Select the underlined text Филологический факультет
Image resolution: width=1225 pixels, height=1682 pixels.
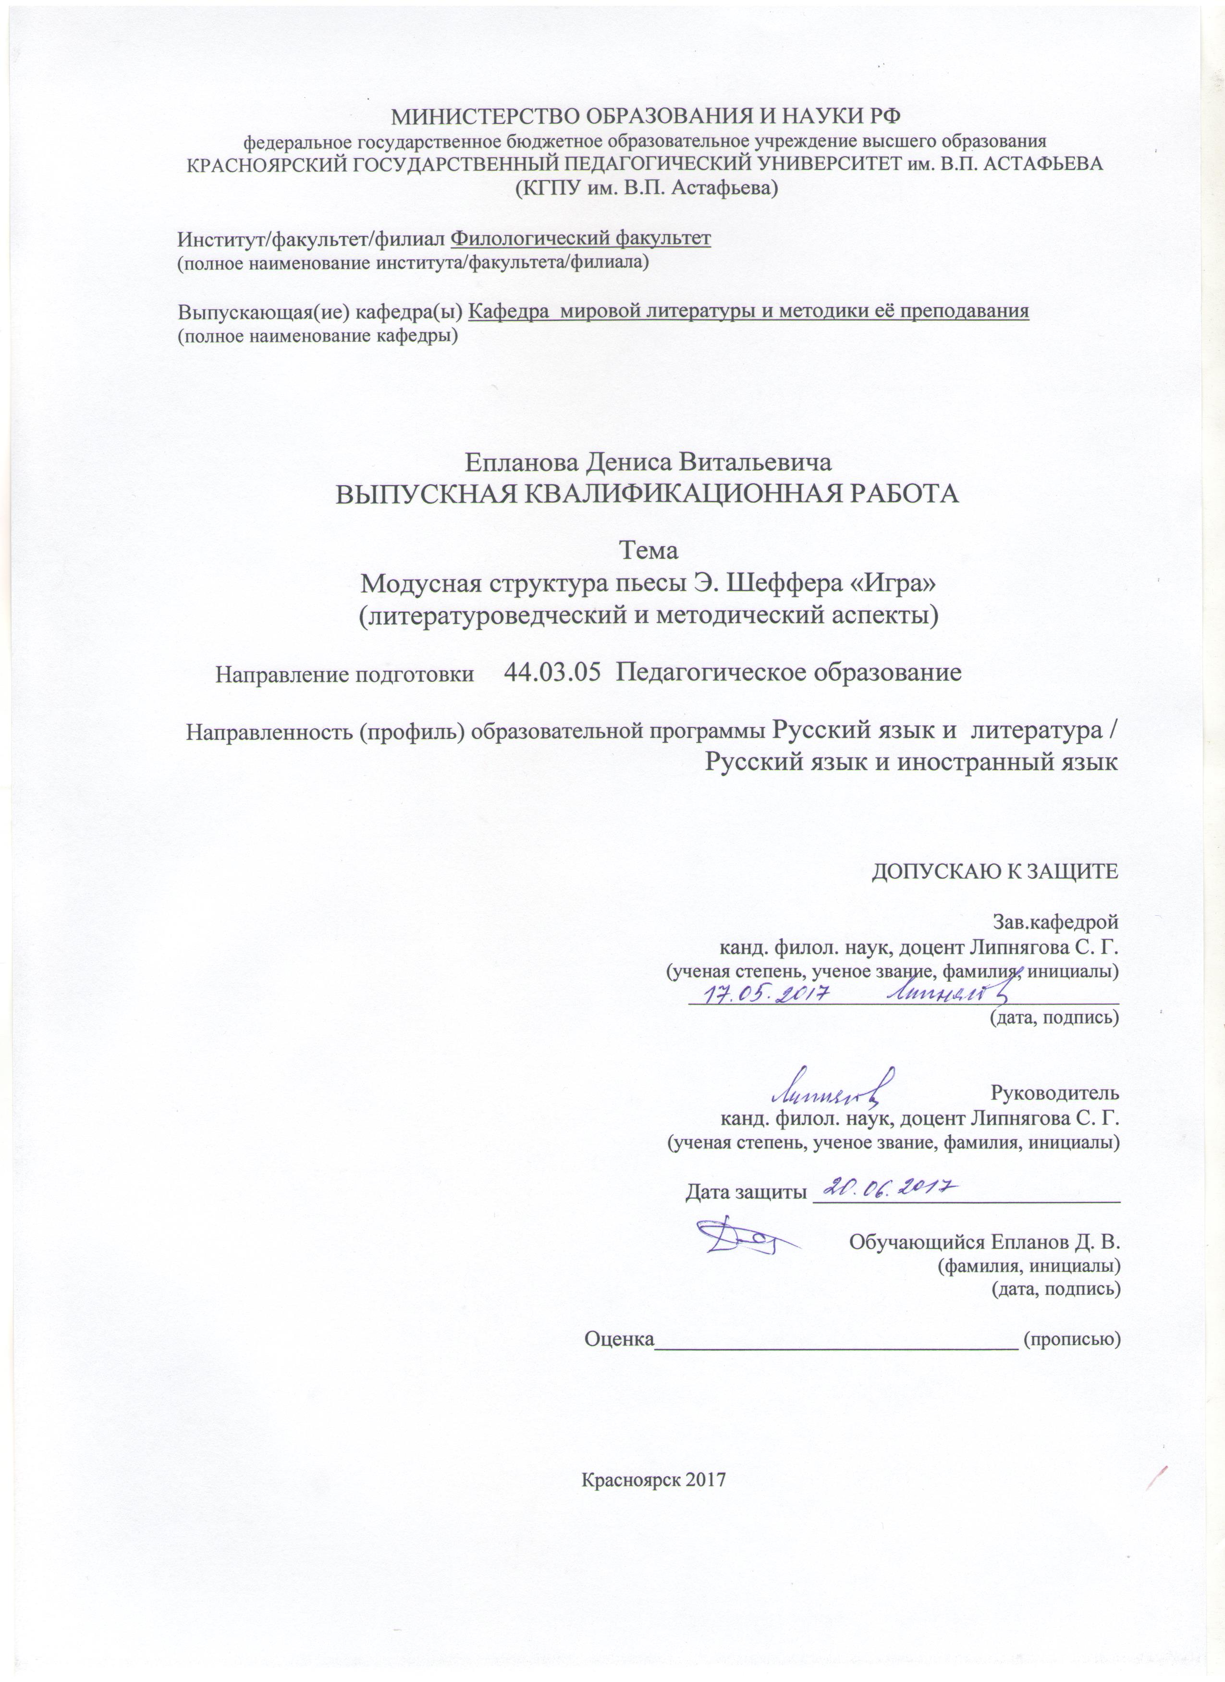[x=581, y=239]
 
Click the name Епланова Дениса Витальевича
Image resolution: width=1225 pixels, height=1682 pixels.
[x=648, y=462]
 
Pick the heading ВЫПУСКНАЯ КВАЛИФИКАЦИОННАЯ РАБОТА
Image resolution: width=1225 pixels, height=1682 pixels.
[x=648, y=494]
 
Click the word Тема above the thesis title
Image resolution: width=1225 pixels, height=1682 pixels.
[x=648, y=551]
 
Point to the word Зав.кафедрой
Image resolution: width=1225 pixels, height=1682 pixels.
[x=1055, y=922]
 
